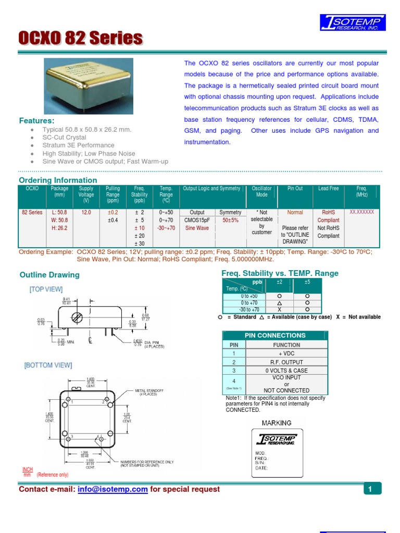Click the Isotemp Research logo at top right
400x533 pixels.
pyautogui.click(x=353, y=23)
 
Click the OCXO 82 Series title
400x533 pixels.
pyautogui.click(x=80, y=38)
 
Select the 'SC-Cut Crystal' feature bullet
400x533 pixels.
pyautogui.click(x=65, y=137)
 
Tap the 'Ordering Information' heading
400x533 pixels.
pyautogui.click(x=58, y=180)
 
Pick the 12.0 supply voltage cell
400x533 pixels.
pyautogui.click(x=86, y=212)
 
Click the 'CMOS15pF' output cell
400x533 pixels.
pyautogui.click(x=197, y=220)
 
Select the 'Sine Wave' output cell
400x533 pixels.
pyautogui.click(x=197, y=228)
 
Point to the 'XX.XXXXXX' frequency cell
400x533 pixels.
pyautogui.click(x=362, y=212)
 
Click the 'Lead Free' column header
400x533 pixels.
pyautogui.click(x=328, y=188)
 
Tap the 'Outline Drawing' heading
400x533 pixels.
pyautogui.click(x=49, y=275)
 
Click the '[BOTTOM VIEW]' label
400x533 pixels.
pyautogui.click(x=48, y=365)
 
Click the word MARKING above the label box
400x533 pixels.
pyautogui.click(x=277, y=423)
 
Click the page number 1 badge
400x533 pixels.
pyautogui.click(x=369, y=489)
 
